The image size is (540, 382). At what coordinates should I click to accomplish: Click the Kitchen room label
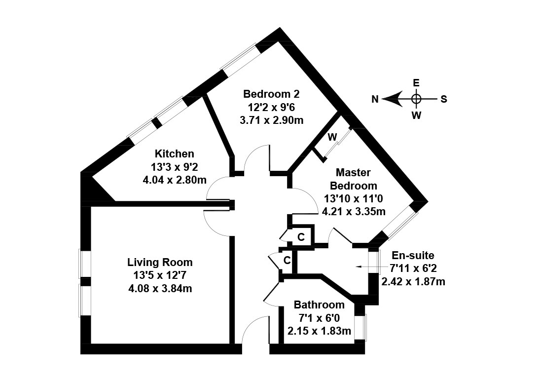[174, 153]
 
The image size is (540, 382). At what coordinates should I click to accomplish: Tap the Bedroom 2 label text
[271, 94]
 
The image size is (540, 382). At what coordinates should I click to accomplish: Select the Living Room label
[160, 262]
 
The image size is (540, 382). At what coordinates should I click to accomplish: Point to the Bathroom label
[319, 305]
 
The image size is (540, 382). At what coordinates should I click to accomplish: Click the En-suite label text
[413, 255]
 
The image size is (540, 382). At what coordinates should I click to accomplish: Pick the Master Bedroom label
[353, 179]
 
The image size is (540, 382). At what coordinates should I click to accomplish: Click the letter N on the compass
[375, 99]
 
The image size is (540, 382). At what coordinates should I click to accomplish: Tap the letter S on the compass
[444, 99]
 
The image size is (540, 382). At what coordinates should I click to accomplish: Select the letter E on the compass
[416, 83]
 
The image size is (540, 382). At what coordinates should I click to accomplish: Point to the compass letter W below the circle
[416, 116]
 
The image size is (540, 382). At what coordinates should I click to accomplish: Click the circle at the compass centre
[416, 99]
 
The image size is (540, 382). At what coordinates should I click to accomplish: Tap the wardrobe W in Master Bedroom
[332, 136]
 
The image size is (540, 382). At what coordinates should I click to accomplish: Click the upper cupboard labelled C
[301, 237]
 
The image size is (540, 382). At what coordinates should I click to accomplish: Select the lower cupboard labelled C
[287, 260]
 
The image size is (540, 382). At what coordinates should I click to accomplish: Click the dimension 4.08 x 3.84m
[160, 288]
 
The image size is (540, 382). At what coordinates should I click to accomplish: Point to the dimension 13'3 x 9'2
[174, 167]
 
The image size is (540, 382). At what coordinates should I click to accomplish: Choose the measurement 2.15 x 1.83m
[319, 331]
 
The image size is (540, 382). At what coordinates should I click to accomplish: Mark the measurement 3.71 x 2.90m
[271, 120]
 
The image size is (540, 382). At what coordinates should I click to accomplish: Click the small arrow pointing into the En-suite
[359, 267]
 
